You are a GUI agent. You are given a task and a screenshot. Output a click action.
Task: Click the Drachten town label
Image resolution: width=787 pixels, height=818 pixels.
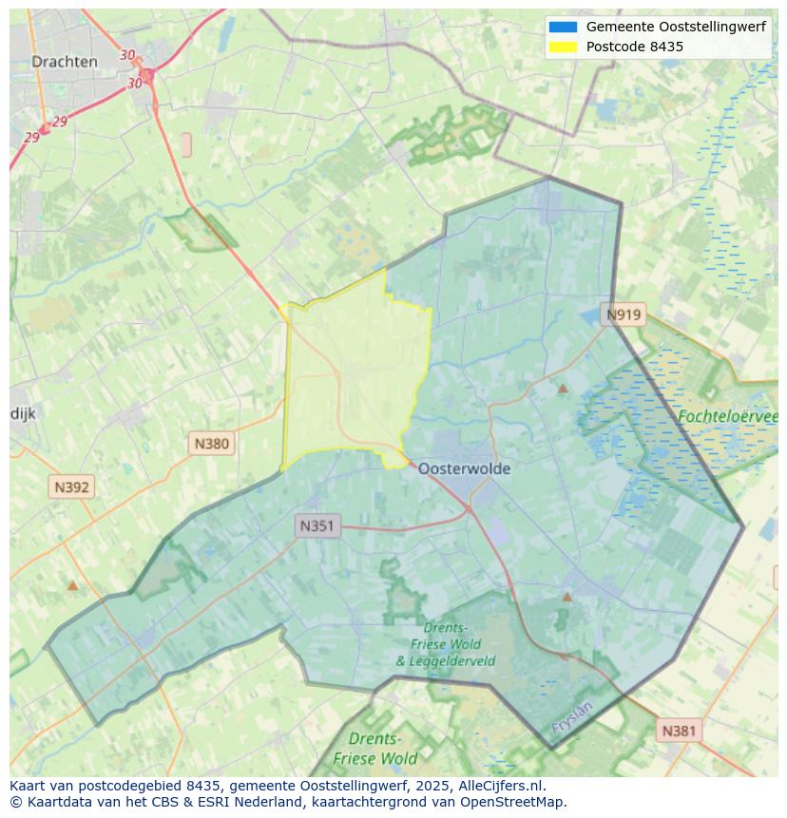pos(64,62)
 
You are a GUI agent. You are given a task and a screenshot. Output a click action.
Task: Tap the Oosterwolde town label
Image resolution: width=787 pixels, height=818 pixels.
pos(464,468)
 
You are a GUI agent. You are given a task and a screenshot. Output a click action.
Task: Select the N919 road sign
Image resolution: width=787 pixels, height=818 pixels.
pos(624,315)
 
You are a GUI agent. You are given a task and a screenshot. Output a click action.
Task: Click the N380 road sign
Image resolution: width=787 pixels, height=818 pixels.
pos(211,443)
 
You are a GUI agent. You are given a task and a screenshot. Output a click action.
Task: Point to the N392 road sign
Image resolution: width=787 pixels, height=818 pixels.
pos(71,487)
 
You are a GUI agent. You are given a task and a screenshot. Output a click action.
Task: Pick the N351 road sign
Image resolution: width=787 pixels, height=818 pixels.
pos(317,525)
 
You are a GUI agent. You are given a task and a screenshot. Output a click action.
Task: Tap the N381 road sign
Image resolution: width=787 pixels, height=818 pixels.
pos(679,731)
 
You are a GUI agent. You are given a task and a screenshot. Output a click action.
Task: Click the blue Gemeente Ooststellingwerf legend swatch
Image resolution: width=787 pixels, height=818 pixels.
pos(563,28)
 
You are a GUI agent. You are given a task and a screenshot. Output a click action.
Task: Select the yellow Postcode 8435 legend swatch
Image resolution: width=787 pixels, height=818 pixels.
pos(563,47)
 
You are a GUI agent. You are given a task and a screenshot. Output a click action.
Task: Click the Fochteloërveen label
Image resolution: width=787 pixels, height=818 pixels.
pos(727,416)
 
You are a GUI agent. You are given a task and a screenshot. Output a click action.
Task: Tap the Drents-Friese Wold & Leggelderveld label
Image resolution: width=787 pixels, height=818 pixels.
pos(445,644)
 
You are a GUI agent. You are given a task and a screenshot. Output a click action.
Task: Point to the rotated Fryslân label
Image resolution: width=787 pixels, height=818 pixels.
pos(572,716)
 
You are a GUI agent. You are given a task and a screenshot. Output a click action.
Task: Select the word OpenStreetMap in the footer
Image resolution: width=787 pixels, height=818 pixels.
pos(511,802)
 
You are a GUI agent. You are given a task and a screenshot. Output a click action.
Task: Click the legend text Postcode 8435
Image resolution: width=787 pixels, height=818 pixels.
pos(635,47)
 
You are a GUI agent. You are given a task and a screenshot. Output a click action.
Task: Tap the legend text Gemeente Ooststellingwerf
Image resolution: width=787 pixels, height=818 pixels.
pos(676,28)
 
